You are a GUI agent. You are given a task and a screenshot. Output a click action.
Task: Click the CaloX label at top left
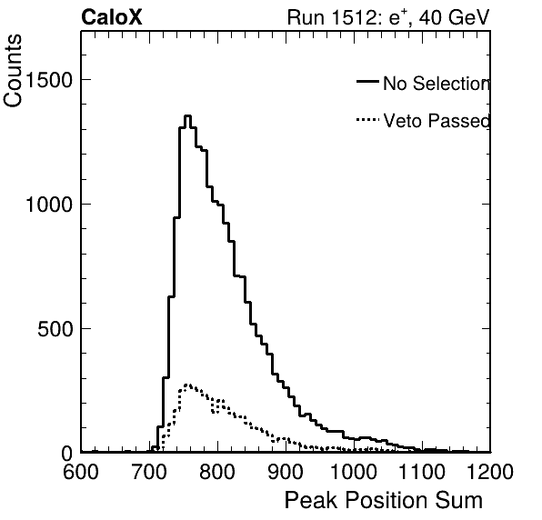click(x=112, y=17)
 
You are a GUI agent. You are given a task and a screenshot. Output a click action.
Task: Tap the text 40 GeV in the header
click(x=454, y=17)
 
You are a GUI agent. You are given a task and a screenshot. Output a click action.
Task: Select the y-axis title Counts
click(x=13, y=71)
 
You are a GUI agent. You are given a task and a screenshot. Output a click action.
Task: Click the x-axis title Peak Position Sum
click(x=384, y=500)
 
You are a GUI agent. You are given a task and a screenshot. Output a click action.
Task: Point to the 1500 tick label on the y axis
click(x=48, y=80)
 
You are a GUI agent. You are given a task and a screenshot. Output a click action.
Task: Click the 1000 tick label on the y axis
click(x=48, y=205)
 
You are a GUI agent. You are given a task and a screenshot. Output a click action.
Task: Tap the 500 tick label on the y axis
click(x=55, y=329)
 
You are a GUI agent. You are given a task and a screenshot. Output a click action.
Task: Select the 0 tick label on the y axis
click(x=66, y=454)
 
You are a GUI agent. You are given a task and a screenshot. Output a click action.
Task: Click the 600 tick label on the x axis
click(x=81, y=472)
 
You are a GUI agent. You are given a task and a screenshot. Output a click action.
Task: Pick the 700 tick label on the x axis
click(x=149, y=472)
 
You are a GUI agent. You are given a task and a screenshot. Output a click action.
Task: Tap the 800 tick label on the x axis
click(x=217, y=472)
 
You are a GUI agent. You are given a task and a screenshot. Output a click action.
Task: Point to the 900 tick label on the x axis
click(x=286, y=472)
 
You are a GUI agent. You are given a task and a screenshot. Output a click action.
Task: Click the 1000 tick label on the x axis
click(x=354, y=472)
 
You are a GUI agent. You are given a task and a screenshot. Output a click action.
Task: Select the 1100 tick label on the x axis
click(x=422, y=472)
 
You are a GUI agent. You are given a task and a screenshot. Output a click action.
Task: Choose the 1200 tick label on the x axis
click(x=490, y=472)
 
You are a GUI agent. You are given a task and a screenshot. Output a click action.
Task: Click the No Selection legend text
click(x=437, y=84)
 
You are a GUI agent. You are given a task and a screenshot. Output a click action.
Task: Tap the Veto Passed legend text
click(x=437, y=121)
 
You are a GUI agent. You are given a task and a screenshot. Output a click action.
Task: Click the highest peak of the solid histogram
click(x=187, y=116)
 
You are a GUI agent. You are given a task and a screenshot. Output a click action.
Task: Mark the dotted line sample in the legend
click(x=367, y=120)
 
